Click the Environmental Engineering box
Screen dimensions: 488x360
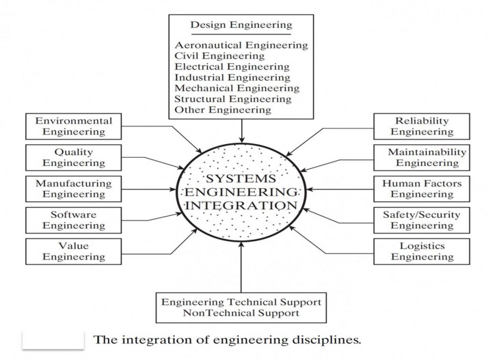point(73,126)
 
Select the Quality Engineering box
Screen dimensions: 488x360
point(73,157)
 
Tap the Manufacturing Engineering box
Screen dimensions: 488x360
point(73,189)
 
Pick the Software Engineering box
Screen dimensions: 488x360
point(73,220)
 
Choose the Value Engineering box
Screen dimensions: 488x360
point(73,252)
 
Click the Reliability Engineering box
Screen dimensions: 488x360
point(422,126)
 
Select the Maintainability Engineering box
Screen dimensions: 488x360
point(422,157)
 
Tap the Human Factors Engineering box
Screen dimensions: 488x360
point(422,189)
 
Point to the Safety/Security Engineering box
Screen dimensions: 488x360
point(422,220)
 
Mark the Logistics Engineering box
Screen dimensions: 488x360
point(422,252)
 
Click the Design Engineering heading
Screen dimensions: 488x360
point(241,25)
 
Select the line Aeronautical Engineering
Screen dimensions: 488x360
point(241,45)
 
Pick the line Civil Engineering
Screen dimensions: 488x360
point(219,56)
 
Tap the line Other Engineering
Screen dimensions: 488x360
point(223,110)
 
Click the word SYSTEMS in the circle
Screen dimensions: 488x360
point(241,178)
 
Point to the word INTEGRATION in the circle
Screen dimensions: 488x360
point(241,206)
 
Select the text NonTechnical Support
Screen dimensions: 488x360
point(241,313)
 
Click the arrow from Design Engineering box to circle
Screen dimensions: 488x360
point(242,131)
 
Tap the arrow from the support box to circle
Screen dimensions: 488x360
point(241,267)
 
